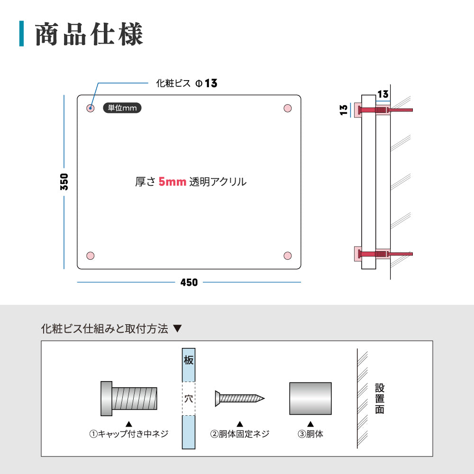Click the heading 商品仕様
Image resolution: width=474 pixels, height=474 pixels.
tap(89, 35)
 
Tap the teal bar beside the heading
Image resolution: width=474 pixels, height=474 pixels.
tap(21, 34)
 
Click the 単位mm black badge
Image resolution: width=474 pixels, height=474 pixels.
tap(122, 108)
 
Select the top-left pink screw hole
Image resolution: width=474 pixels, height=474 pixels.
tap(91, 109)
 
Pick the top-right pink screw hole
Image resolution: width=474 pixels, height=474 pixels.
tap(287, 109)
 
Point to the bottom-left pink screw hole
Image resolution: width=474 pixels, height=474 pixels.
tap(91, 256)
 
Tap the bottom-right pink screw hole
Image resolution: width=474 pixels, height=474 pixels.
tap(287, 256)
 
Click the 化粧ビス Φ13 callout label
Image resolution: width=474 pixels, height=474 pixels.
tap(186, 83)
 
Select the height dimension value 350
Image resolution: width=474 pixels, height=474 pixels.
tap(64, 182)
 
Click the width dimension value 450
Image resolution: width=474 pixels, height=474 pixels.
tap(189, 283)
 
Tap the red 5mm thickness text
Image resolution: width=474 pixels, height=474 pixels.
tap(172, 182)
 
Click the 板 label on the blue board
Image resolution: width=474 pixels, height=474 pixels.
tap(189, 360)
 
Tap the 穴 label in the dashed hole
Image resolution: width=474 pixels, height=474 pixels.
tap(189, 398)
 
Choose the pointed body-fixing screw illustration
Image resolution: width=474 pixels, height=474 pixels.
tap(239, 398)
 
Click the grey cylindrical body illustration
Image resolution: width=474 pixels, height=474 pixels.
tap(310, 398)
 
